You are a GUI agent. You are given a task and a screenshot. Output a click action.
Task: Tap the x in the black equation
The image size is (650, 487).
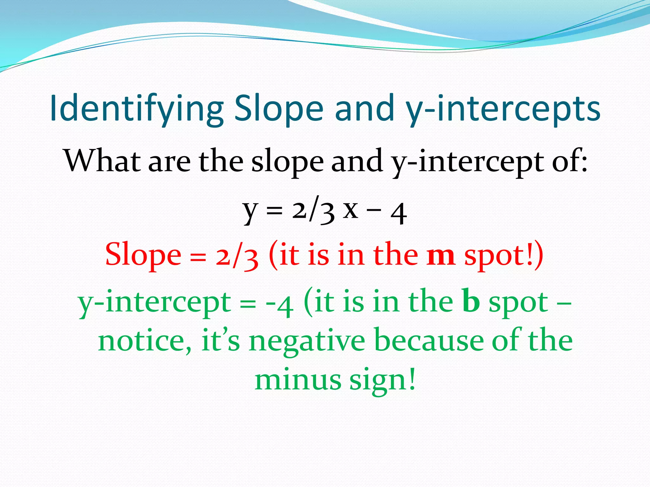tap(351, 210)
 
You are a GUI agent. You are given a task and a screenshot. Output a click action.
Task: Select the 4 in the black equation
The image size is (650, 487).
tap(399, 213)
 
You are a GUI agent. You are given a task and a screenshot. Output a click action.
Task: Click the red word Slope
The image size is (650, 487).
tap(143, 255)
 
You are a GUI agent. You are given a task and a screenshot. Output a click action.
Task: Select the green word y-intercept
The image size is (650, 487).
tap(154, 303)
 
